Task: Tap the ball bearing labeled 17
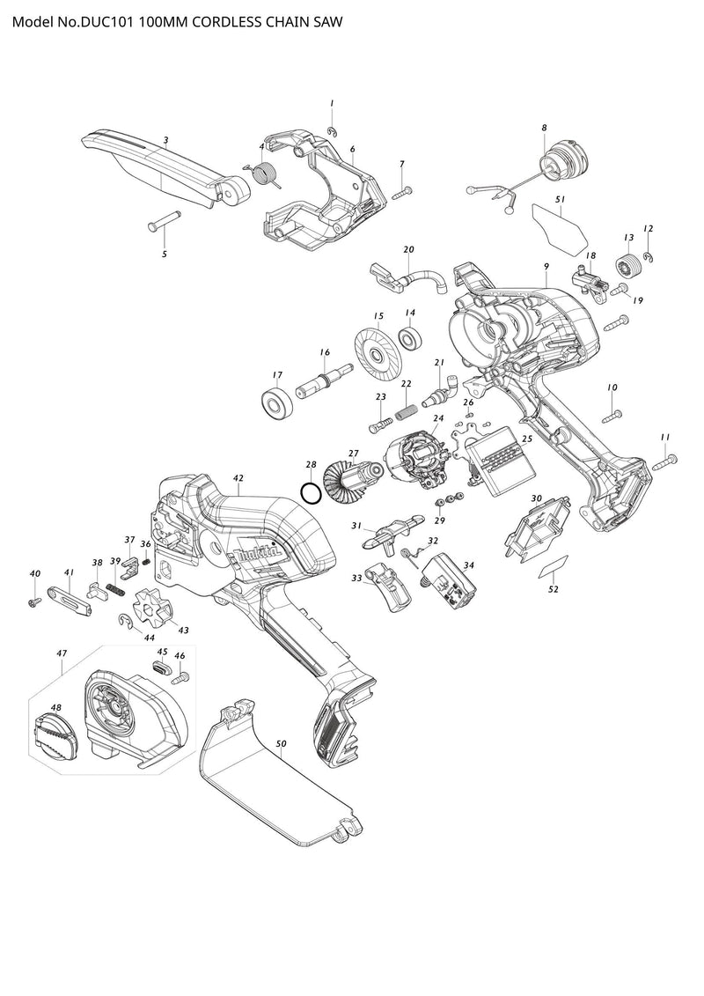pyautogui.click(x=277, y=403)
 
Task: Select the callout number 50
pyautogui.click(x=281, y=744)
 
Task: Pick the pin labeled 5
pyautogui.click(x=165, y=219)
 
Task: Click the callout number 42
pyautogui.click(x=238, y=477)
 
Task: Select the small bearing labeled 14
pyautogui.click(x=409, y=338)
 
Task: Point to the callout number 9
pyautogui.click(x=546, y=266)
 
